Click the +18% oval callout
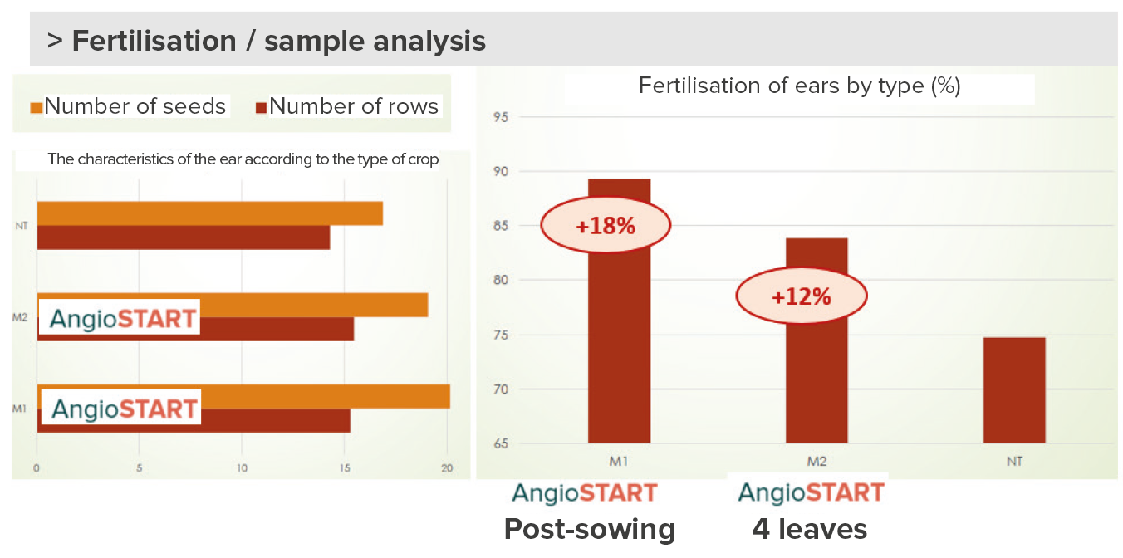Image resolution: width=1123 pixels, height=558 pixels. click(x=606, y=225)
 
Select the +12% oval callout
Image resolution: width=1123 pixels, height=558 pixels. click(x=802, y=296)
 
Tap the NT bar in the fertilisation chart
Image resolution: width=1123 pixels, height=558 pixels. click(x=1014, y=390)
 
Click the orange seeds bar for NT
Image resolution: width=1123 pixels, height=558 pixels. click(x=209, y=213)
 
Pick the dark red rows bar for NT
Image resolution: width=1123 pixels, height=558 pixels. click(x=183, y=237)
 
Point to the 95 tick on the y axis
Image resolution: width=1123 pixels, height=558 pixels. click(x=501, y=117)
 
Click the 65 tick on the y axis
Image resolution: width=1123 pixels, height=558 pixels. click(x=501, y=443)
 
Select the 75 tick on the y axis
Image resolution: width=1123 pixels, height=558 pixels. click(x=501, y=335)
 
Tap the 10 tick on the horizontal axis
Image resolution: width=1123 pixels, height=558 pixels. click(x=242, y=468)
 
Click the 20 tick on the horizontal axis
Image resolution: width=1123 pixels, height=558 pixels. click(x=447, y=468)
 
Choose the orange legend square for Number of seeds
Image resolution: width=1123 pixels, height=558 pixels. click(x=36, y=108)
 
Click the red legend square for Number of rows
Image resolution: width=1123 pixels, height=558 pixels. click(x=261, y=108)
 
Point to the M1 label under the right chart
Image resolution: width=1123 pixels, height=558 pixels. click(x=619, y=461)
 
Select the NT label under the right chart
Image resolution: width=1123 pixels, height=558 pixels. click(x=1014, y=461)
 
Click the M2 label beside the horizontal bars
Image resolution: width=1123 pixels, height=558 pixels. click(x=20, y=317)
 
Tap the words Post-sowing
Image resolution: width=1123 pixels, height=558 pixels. click(x=590, y=530)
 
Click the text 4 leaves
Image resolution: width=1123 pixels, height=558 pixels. click(x=809, y=530)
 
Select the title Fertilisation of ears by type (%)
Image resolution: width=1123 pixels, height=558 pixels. click(x=800, y=86)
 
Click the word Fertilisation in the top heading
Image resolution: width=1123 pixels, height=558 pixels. click(x=154, y=41)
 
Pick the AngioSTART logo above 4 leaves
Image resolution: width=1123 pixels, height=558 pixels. click(x=811, y=492)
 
